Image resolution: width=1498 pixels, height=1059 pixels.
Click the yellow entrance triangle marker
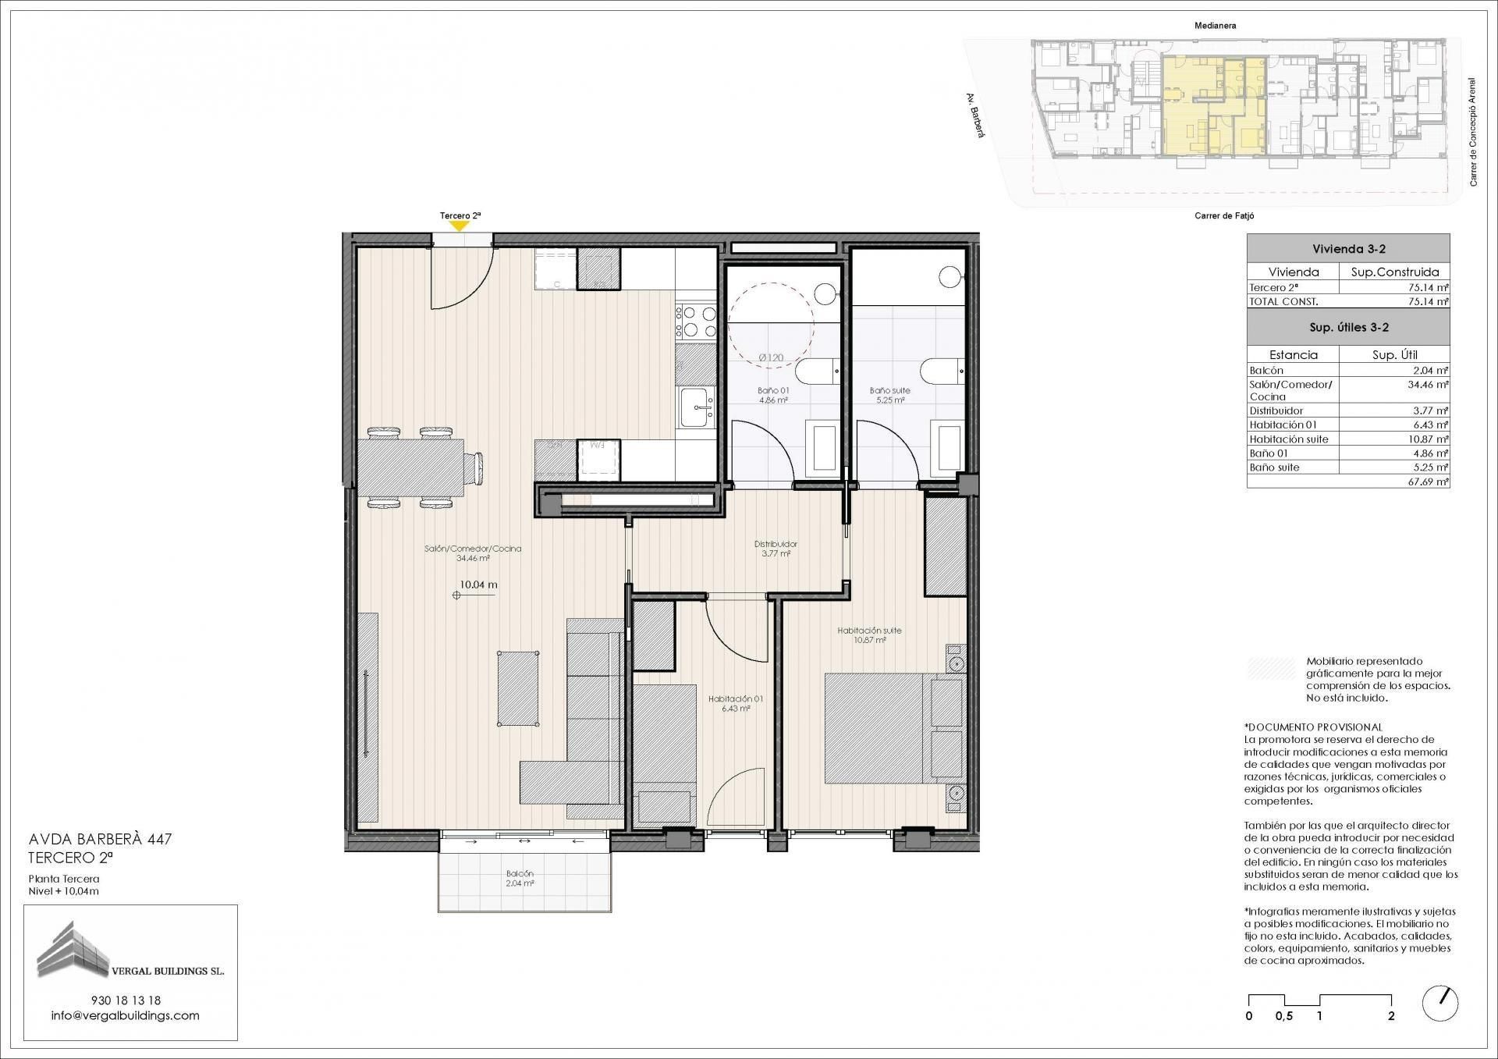coord(460,226)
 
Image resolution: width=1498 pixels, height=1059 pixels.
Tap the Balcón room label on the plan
coord(519,878)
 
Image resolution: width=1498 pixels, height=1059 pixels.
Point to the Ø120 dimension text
coord(771,358)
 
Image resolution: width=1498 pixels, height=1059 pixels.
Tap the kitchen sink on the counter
coord(697,408)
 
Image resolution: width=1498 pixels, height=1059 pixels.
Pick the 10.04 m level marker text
coord(478,585)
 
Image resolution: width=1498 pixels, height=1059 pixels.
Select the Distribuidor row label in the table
coord(1276,410)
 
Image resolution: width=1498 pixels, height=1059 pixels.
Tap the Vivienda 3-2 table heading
coord(1348,249)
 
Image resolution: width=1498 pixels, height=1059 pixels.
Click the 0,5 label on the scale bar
coord(1283,1016)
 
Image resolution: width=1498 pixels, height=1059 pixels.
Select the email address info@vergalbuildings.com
coord(125,1015)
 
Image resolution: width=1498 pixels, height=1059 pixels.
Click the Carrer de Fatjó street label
coord(1224,216)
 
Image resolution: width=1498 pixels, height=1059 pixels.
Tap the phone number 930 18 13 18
coord(126,1000)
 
